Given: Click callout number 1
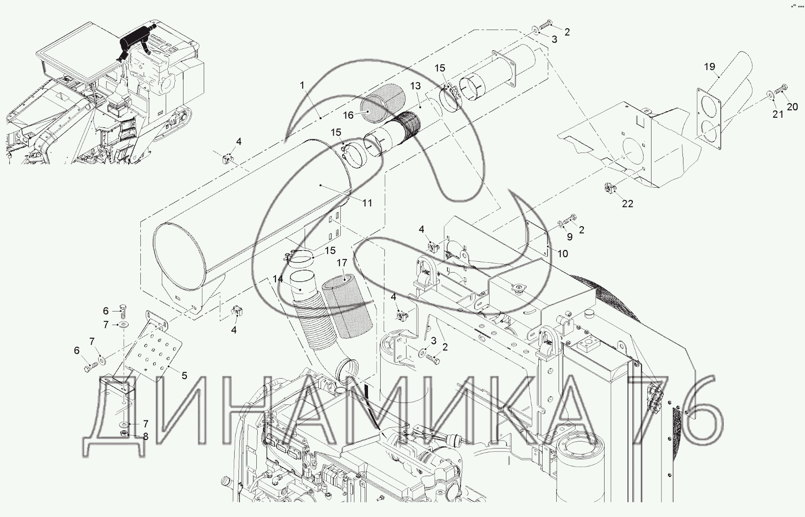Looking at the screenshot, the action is tap(302, 85).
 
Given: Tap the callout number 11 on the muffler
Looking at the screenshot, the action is tap(367, 203).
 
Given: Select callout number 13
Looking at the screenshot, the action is tap(415, 86).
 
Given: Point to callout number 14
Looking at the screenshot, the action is tap(278, 279).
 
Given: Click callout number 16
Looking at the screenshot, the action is tap(348, 114).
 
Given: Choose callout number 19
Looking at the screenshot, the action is tap(709, 67).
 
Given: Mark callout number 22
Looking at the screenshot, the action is tap(628, 204).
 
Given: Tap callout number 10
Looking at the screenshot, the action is tap(562, 254).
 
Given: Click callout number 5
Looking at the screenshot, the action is tap(184, 375).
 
